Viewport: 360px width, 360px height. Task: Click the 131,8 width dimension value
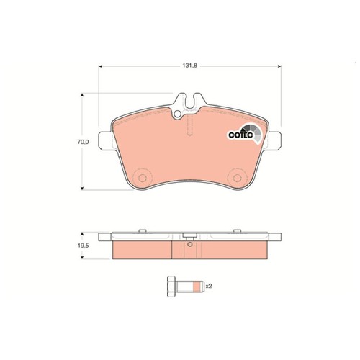(189, 66)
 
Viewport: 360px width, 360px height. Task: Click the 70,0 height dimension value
(83, 142)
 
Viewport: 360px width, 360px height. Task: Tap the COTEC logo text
(240, 135)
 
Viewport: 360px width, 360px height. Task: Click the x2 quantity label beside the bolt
(209, 286)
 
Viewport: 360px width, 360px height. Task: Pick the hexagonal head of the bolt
(171, 286)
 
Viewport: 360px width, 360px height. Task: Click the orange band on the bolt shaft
(197, 286)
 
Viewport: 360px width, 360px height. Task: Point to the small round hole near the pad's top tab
(178, 114)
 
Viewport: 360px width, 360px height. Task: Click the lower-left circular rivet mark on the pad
(143, 178)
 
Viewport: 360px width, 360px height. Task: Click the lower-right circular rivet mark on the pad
(237, 178)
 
